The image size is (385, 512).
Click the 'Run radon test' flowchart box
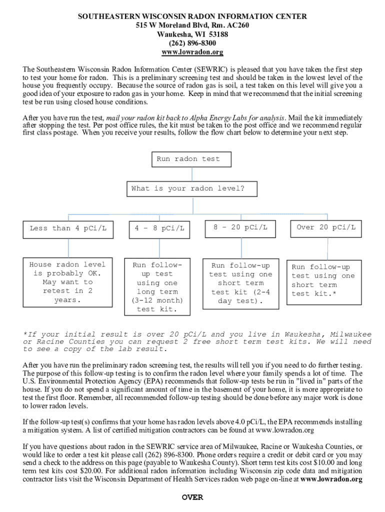click(x=192, y=159)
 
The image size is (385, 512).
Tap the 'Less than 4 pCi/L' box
click(x=67, y=228)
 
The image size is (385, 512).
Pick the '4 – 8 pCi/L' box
click(x=159, y=229)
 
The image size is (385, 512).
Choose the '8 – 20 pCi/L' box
click(x=240, y=228)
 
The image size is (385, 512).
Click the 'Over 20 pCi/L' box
click(x=326, y=228)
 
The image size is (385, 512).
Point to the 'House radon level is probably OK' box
click(x=67, y=282)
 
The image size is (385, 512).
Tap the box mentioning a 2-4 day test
click(x=240, y=283)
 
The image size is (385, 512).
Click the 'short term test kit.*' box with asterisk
click(x=323, y=281)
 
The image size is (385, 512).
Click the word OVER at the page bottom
click(x=192, y=497)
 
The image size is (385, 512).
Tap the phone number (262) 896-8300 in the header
click(x=192, y=43)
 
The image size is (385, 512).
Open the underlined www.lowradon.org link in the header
click(x=192, y=52)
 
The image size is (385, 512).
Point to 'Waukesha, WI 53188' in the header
click(x=192, y=34)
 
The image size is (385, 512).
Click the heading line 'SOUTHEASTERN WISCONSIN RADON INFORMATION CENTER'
click(x=192, y=16)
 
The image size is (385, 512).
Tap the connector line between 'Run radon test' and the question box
click(x=192, y=174)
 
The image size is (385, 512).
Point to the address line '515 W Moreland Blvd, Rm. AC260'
click(x=192, y=25)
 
